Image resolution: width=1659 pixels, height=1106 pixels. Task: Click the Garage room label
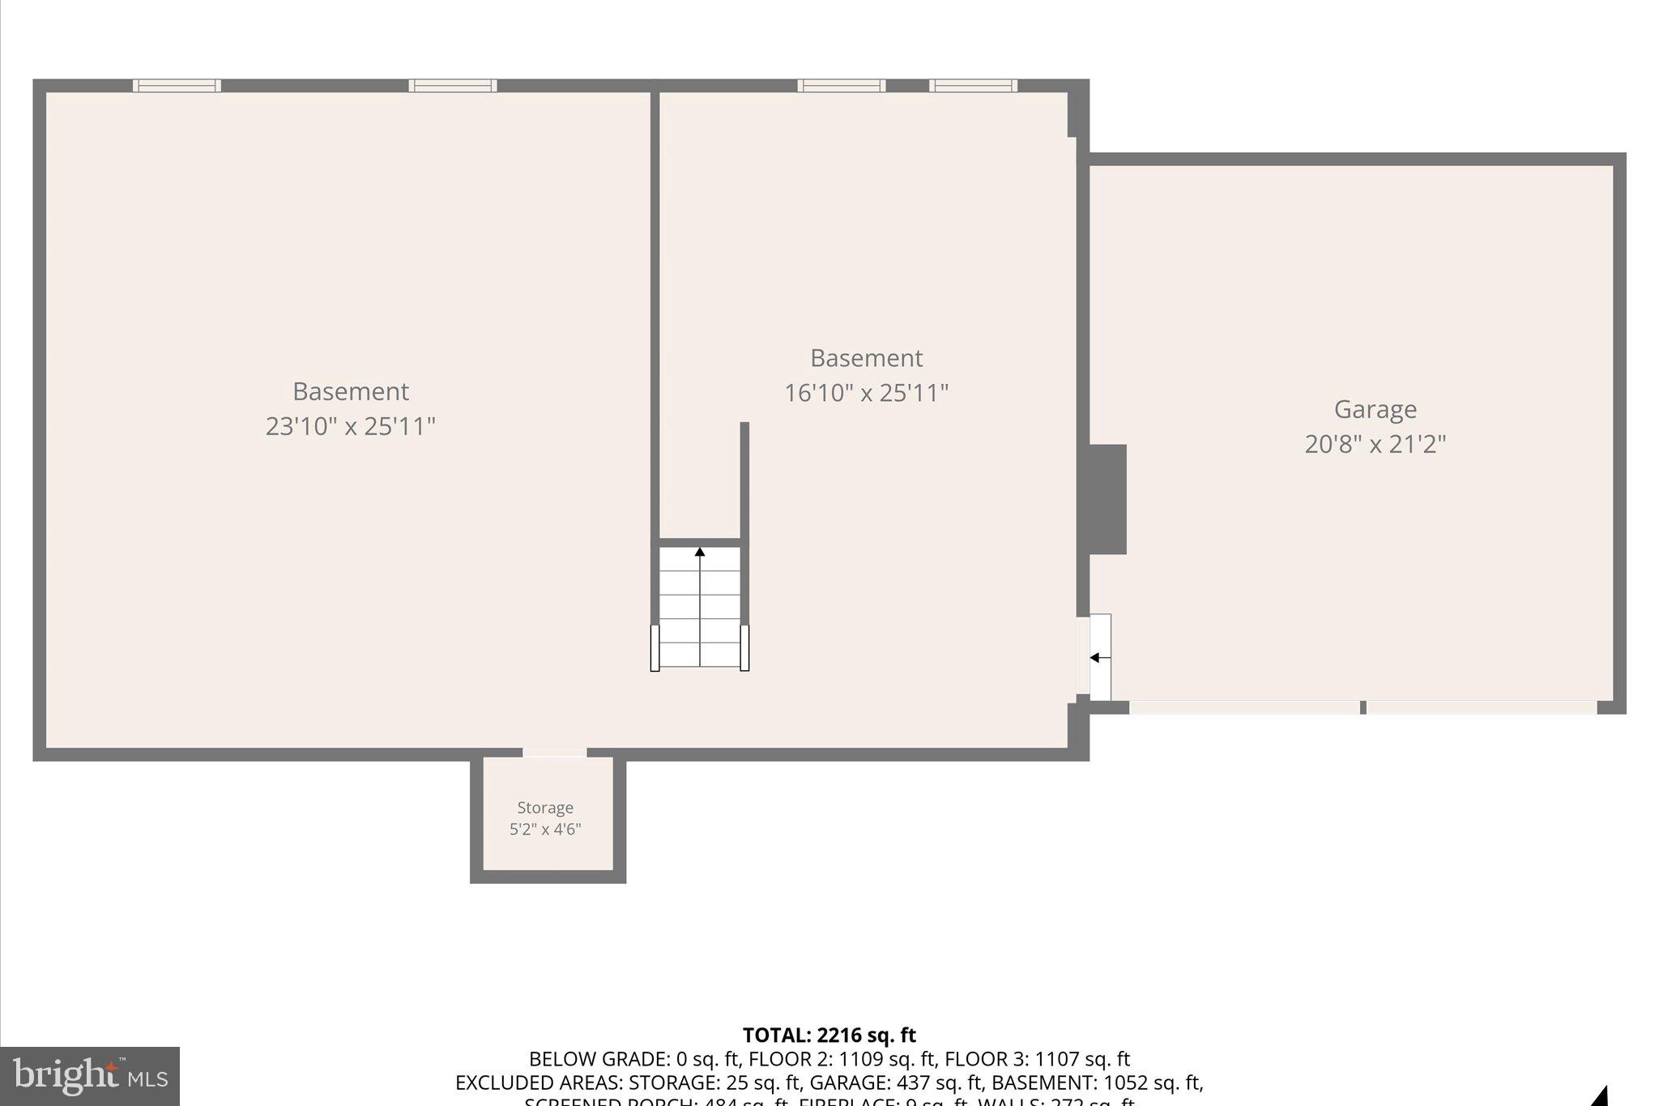pos(1375,409)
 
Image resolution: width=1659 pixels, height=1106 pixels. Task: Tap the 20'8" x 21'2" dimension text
pos(1375,444)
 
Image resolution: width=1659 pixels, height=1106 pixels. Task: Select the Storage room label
pos(545,808)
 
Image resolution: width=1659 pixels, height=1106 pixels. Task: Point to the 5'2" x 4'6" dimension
pos(545,829)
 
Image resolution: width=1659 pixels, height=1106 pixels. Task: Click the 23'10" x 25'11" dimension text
pos(351,426)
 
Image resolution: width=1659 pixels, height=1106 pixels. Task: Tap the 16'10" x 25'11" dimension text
pos(866,393)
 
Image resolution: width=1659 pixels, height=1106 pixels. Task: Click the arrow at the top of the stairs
pos(700,553)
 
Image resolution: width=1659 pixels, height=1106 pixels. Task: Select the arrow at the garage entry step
pos(1095,657)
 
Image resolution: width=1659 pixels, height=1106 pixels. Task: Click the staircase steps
pos(700,608)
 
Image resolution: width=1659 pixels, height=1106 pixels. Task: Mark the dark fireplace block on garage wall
pos(1107,499)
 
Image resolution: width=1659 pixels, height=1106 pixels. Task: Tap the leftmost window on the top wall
pos(177,86)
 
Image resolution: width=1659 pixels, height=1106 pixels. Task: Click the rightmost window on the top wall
pos(973,86)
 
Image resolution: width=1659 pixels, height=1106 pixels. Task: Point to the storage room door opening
pos(554,753)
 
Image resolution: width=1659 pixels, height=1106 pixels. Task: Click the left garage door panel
pos(1244,707)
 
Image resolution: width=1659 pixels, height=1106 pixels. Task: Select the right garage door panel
pos(1482,707)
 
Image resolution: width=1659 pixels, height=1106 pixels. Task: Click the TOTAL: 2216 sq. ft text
pos(829,1035)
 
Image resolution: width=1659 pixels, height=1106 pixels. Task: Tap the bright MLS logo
pos(90,1076)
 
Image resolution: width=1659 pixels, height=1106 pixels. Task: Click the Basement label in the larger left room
pos(351,391)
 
